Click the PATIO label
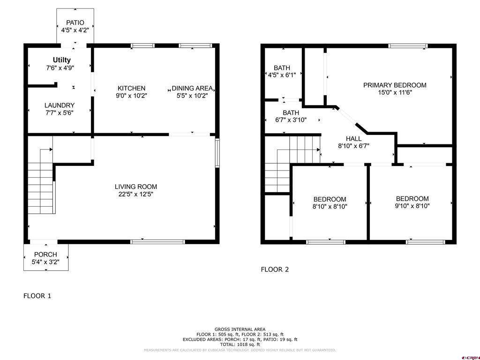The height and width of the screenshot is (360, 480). click(x=75, y=22)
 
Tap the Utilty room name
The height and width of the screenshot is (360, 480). click(x=61, y=60)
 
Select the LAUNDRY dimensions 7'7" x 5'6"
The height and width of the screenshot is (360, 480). click(x=60, y=112)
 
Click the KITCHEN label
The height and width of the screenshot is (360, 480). click(x=131, y=88)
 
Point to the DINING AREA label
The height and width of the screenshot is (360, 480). click(x=192, y=88)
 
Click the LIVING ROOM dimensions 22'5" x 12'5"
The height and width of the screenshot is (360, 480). click(x=135, y=194)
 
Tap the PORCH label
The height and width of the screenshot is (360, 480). click(x=45, y=255)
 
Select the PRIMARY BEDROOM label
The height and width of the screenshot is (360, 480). click(x=395, y=85)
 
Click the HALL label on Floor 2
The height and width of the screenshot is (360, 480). click(x=353, y=139)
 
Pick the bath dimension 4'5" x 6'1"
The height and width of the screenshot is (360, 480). click(x=282, y=75)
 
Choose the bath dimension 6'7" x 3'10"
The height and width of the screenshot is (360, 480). click(x=291, y=120)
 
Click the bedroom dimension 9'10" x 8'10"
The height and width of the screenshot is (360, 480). click(x=412, y=206)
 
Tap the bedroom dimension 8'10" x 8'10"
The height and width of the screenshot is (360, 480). click(x=330, y=207)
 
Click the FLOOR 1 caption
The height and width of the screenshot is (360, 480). click(x=37, y=296)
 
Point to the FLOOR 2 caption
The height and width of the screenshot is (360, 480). click(x=275, y=270)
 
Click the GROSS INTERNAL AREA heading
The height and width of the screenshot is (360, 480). click(x=240, y=330)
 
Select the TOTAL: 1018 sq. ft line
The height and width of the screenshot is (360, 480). click(x=240, y=345)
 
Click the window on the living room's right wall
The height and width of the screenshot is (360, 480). click(x=217, y=153)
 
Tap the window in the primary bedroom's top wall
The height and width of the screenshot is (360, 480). click(x=408, y=46)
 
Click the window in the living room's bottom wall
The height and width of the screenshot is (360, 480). click(x=157, y=242)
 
